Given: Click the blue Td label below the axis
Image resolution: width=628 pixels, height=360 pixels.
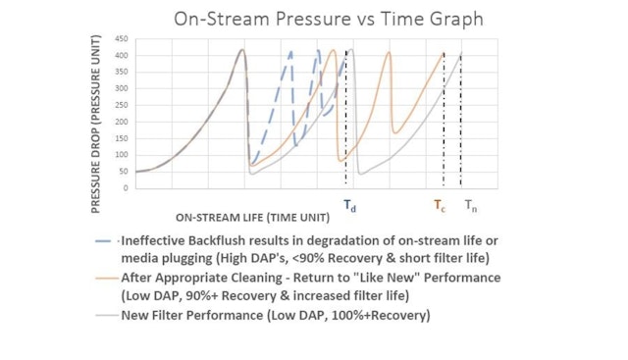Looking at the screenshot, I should (348, 206).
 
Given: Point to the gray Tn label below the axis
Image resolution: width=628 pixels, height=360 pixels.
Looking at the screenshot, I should (471, 206).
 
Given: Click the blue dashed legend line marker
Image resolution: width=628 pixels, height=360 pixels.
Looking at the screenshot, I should (106, 240).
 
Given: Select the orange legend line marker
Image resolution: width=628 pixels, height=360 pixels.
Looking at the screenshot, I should (106, 278).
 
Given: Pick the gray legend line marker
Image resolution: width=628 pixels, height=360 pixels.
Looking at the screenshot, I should (106, 316).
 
